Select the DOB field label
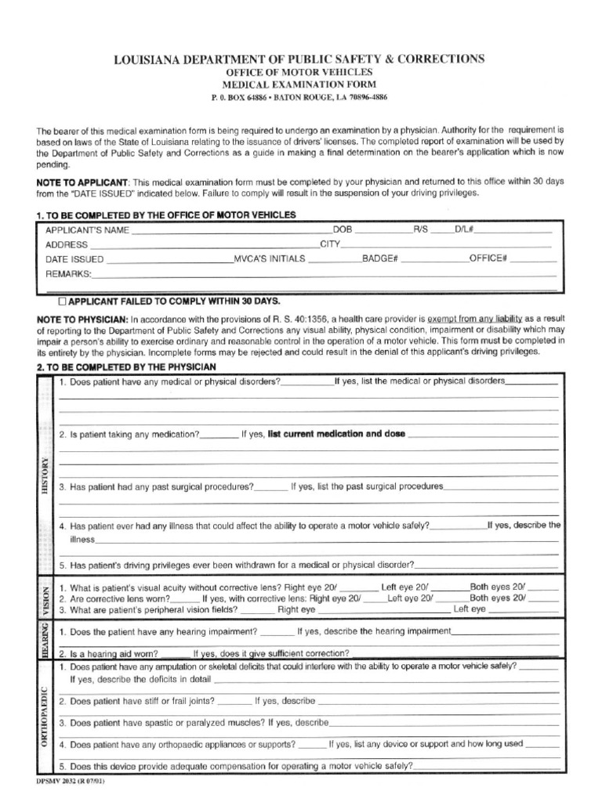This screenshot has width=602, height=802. point(343,230)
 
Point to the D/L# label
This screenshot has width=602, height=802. point(464,230)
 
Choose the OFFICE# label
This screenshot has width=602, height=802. point(488,258)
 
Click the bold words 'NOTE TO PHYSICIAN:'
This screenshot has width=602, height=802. point(82,320)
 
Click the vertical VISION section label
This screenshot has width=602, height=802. point(45,598)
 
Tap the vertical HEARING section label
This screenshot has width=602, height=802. point(45,639)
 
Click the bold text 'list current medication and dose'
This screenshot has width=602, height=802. point(336,433)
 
